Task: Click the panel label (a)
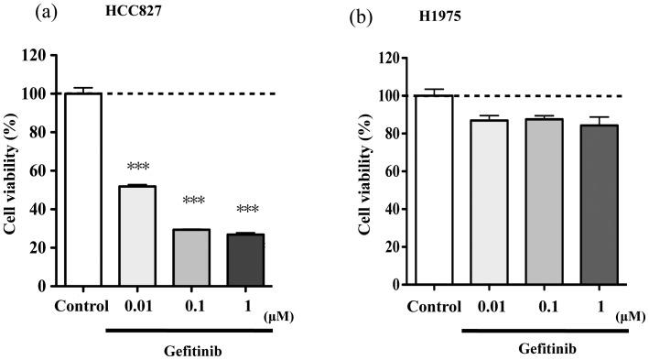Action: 70,15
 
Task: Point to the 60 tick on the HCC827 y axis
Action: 38,171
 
